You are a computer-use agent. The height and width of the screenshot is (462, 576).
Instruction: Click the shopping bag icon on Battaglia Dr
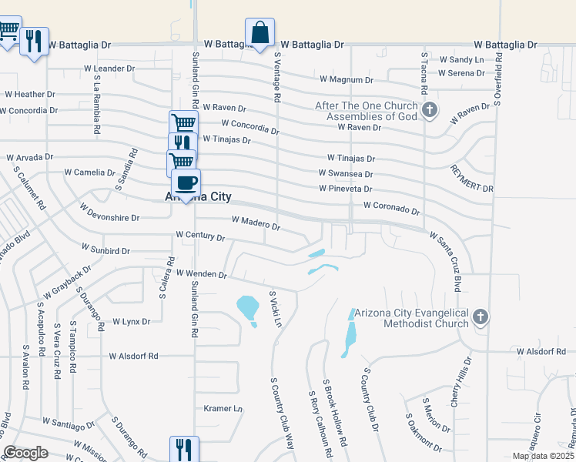[x=260, y=34]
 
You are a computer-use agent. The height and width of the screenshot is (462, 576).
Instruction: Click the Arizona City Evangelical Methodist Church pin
[x=481, y=317]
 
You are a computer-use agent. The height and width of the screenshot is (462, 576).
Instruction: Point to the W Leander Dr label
[x=115, y=69]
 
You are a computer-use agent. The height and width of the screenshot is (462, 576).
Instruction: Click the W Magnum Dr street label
[x=346, y=79]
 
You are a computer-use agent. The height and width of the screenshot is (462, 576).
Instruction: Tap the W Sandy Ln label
[x=461, y=59]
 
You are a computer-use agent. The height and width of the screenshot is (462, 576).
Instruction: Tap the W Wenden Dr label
[x=201, y=273]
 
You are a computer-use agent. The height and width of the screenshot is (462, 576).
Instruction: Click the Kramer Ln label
[x=223, y=408]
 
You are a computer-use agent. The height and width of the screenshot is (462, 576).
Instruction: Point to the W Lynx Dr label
[x=131, y=321]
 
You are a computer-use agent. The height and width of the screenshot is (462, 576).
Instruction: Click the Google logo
[x=25, y=453]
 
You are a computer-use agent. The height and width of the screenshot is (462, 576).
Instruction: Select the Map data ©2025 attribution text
[x=543, y=456]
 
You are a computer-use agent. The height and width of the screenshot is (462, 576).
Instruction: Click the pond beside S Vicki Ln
[x=247, y=309]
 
